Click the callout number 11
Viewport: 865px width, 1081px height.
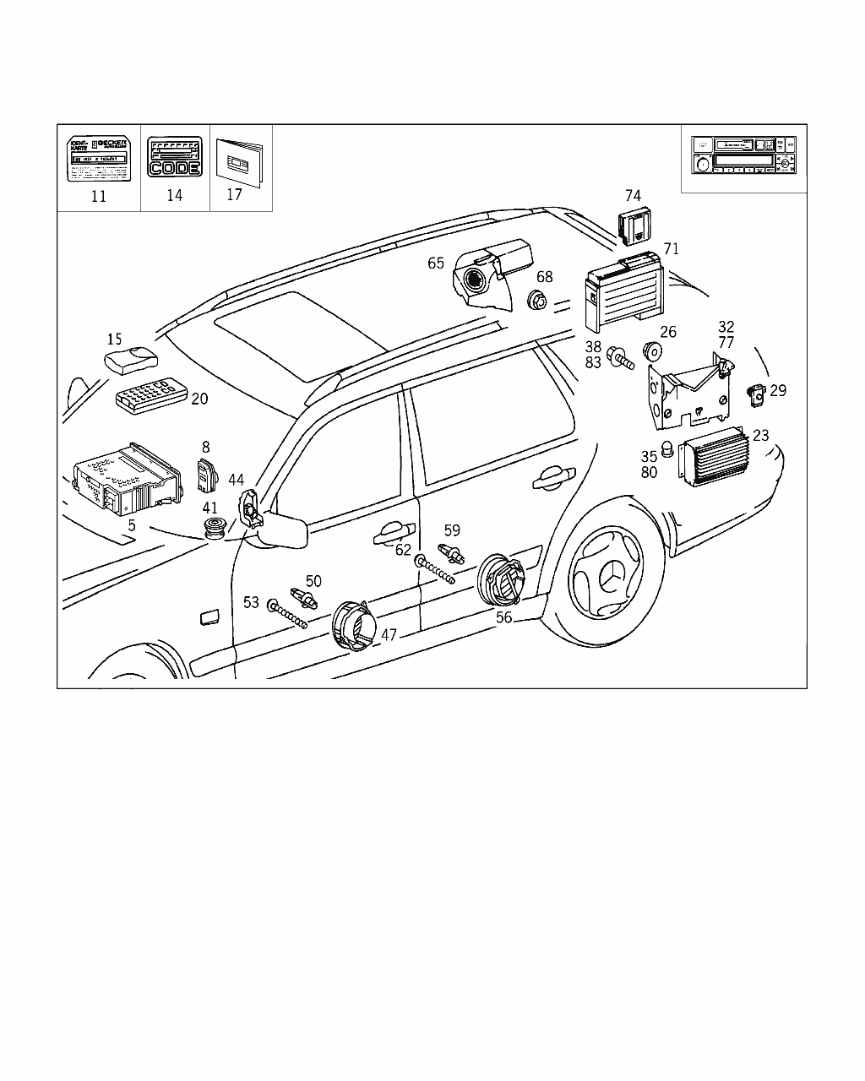coord(99,197)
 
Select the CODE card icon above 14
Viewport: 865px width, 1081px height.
coord(175,157)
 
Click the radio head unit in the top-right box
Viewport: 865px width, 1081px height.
coord(743,155)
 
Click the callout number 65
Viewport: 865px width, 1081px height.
coord(436,263)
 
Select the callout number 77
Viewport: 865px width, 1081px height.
coord(726,343)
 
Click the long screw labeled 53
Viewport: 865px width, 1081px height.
coord(288,614)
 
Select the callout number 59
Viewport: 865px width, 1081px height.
coord(452,531)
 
